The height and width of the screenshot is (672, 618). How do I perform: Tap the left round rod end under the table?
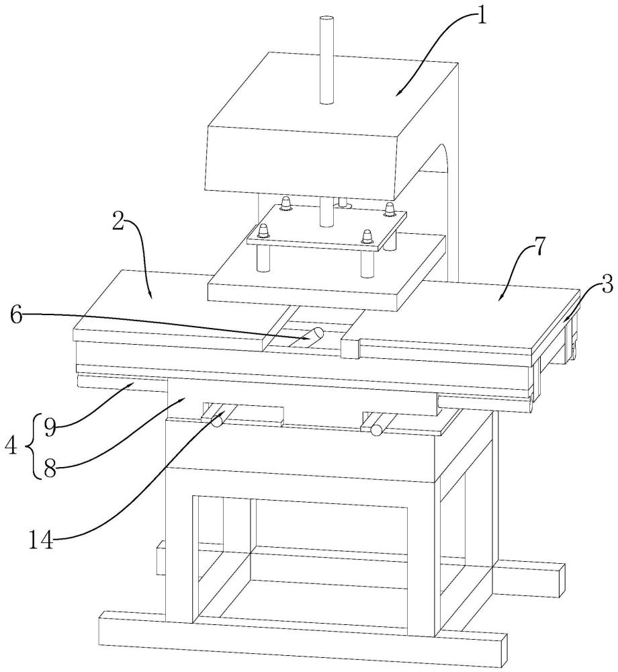216,421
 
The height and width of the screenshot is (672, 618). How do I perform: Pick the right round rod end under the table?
376,429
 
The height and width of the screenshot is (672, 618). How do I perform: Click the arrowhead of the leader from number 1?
398,94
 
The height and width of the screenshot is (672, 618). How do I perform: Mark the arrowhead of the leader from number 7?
500,296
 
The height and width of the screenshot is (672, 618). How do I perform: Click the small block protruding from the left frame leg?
161,559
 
